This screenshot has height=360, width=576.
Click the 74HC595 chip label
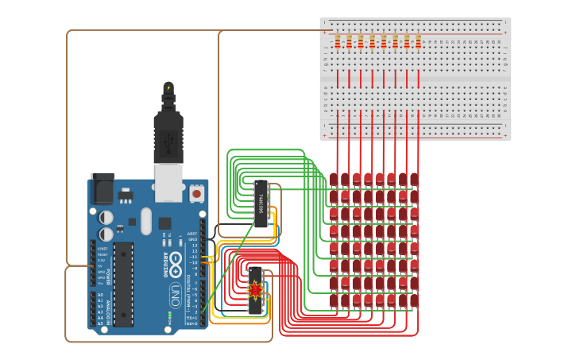click(x=261, y=203)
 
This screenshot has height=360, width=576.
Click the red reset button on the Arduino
click(x=196, y=192)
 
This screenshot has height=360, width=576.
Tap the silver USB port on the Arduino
click(x=168, y=182)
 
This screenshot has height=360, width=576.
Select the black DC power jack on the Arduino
click(x=102, y=188)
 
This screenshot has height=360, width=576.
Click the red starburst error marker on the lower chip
click(x=255, y=289)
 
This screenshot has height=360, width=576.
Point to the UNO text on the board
click(x=174, y=296)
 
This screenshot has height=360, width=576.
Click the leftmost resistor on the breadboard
click(x=338, y=41)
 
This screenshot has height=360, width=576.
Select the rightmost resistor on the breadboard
click(x=419, y=41)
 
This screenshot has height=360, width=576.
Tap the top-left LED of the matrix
click(x=334, y=179)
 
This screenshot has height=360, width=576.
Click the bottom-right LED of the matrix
click(x=414, y=300)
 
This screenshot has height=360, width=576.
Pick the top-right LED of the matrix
click(x=414, y=179)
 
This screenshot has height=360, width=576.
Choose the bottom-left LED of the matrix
click(x=334, y=300)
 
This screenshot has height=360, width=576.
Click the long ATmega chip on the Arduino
click(x=124, y=284)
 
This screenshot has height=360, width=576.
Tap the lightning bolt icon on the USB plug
click(x=168, y=88)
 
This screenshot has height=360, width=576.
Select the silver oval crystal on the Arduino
click(x=146, y=221)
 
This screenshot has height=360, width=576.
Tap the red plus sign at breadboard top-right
click(x=505, y=33)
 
